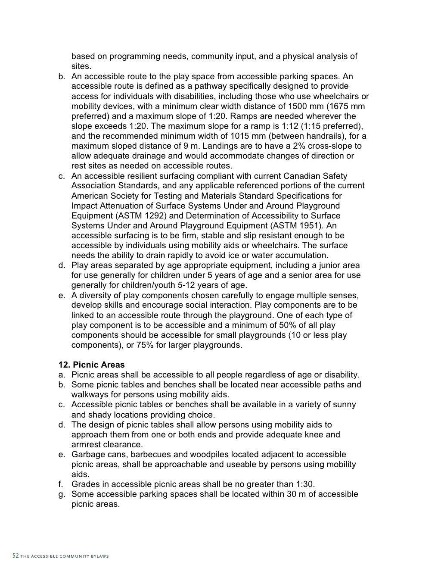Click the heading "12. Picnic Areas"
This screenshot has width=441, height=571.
(91, 365)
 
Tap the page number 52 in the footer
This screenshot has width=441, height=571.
(16, 556)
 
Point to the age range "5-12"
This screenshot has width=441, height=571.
(186, 285)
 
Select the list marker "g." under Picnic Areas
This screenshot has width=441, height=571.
(62, 494)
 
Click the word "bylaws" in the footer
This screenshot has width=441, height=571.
(99, 556)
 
